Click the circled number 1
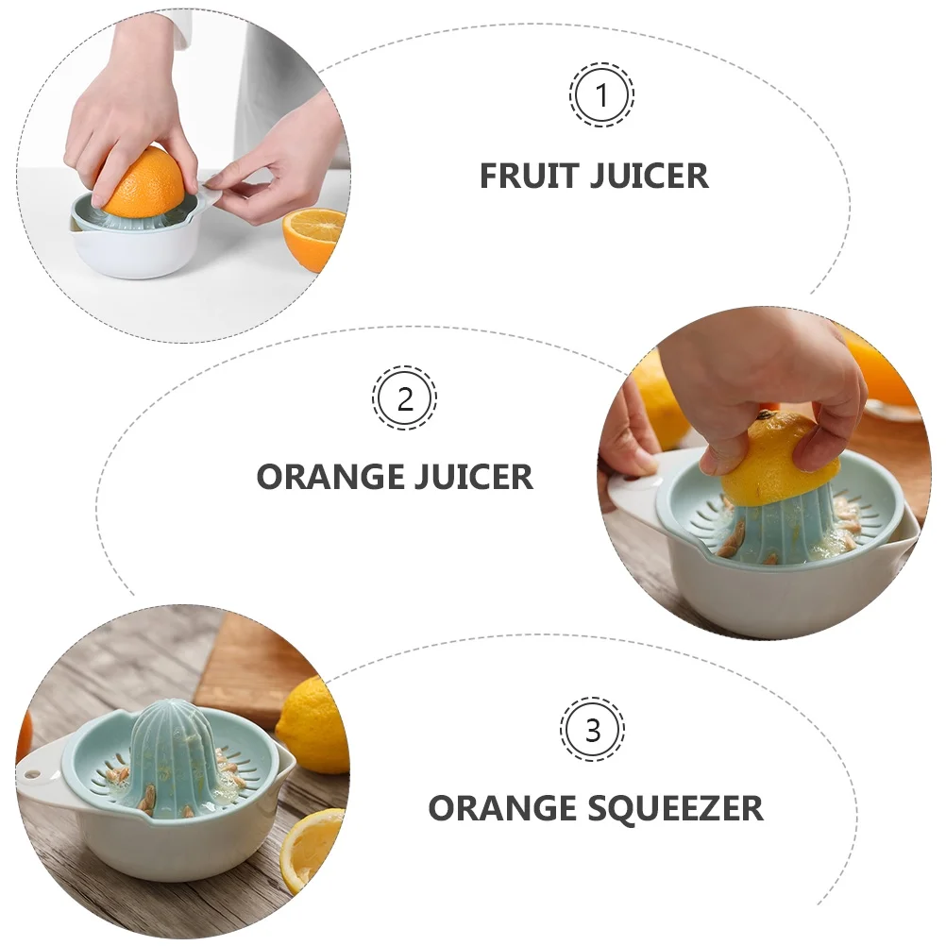[x=600, y=94]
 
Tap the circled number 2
[x=404, y=398]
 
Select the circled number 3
[x=593, y=730]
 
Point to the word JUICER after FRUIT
[x=649, y=176]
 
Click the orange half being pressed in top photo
[x=144, y=181]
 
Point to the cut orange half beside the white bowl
[x=313, y=238]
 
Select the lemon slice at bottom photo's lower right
[x=313, y=846]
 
